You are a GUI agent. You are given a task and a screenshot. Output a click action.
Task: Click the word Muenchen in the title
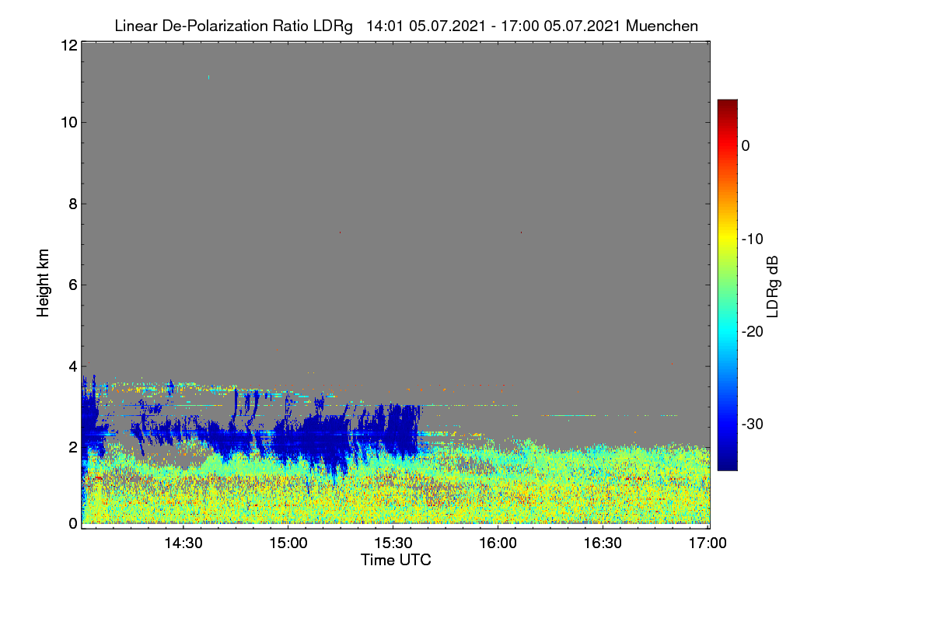(662, 26)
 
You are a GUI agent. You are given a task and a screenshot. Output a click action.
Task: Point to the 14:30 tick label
(183, 543)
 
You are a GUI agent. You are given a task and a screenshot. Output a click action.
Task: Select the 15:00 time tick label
(288, 543)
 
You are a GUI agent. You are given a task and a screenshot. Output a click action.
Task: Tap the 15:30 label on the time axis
(393, 543)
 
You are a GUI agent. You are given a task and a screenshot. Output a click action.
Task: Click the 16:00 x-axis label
(498, 543)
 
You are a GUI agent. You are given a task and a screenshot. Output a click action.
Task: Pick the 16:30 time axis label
(603, 543)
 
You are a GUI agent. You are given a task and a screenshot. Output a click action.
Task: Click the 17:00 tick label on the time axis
(708, 543)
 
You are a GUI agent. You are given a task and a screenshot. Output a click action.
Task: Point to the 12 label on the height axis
(69, 45)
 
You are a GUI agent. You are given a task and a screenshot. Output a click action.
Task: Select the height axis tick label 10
(69, 123)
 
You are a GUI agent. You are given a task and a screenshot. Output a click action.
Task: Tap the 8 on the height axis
(73, 204)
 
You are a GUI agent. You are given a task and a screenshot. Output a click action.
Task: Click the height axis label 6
(73, 285)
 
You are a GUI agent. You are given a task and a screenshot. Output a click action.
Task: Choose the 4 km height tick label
(73, 367)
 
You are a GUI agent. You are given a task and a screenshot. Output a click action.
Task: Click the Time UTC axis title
(396, 560)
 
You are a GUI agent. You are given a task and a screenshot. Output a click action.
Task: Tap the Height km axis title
(43, 283)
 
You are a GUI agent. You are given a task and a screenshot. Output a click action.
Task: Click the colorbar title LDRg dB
(773, 287)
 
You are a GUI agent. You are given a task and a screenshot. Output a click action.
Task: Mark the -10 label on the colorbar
(753, 239)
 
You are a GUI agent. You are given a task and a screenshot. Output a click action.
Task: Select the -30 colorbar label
(753, 424)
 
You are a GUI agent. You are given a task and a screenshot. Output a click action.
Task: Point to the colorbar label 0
(746, 146)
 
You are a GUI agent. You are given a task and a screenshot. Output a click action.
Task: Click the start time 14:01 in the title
(385, 26)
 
